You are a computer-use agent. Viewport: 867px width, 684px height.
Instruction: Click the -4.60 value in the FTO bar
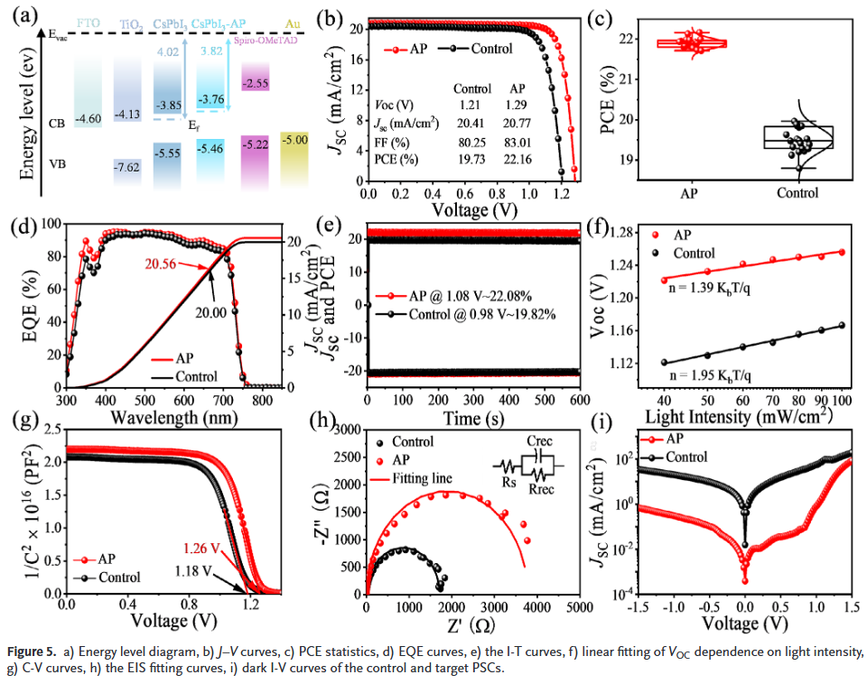(x=88, y=119)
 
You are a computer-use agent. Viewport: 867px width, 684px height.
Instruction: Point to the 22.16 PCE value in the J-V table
(x=517, y=160)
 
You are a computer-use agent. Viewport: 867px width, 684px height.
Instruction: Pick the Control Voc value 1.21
(x=471, y=106)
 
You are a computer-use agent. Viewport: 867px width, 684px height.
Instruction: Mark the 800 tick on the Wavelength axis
(x=263, y=400)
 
